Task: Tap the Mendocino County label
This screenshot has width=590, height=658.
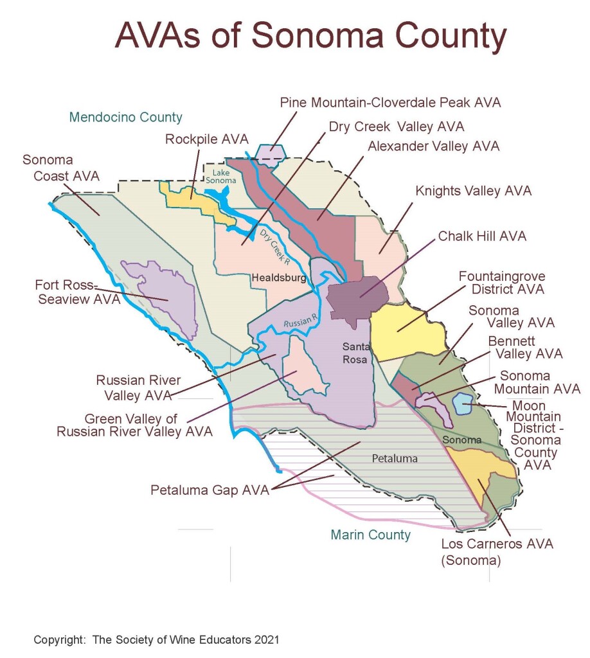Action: click(x=125, y=118)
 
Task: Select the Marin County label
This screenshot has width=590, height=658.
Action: click(x=370, y=535)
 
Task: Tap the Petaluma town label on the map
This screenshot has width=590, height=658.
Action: click(x=395, y=459)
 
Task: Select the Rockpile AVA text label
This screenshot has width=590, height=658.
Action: click(x=206, y=139)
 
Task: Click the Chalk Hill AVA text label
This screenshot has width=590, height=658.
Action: click(x=482, y=236)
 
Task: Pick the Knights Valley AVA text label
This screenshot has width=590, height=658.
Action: click(x=474, y=191)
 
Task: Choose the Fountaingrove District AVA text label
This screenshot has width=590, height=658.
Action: click(x=502, y=283)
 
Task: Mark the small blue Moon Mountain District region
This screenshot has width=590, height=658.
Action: click(x=463, y=405)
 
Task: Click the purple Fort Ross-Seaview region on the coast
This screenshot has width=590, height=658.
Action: click(x=161, y=296)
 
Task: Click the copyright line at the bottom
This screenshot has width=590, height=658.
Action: click(x=156, y=640)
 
